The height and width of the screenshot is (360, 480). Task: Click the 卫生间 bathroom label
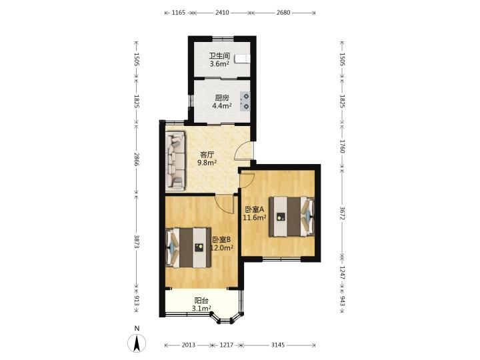click(x=219, y=56)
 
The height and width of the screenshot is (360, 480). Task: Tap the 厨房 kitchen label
click(x=222, y=98)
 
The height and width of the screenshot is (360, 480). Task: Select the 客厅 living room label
click(x=207, y=155)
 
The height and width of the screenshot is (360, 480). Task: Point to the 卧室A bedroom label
click(x=255, y=209)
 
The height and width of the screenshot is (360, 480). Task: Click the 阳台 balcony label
click(x=201, y=301)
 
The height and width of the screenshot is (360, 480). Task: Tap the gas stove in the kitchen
click(x=245, y=101)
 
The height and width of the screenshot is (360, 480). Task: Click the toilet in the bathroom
click(x=243, y=59)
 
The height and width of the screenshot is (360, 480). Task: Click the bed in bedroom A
click(x=292, y=217)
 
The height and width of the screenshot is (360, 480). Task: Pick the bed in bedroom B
click(x=188, y=247)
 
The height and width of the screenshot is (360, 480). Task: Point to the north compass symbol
click(x=137, y=342)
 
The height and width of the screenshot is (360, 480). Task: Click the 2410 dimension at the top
click(x=222, y=13)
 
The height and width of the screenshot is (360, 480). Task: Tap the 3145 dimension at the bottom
click(x=277, y=345)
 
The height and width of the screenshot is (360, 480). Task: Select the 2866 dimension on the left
click(x=137, y=159)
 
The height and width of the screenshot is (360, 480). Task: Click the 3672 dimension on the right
click(x=342, y=213)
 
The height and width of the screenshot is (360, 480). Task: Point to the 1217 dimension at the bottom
click(x=227, y=345)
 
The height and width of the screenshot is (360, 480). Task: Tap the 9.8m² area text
click(x=207, y=163)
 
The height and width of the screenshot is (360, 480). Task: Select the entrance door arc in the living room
click(x=242, y=151)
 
